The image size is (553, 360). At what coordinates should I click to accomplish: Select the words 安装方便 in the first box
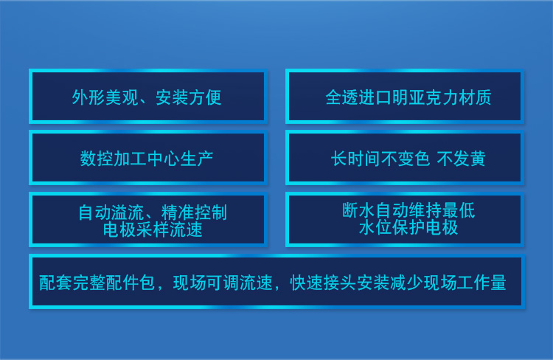(x=189, y=97)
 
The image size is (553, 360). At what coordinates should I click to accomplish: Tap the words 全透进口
(x=358, y=97)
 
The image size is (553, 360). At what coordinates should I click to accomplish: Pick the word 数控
(x=97, y=159)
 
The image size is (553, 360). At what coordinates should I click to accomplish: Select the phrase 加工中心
(x=147, y=159)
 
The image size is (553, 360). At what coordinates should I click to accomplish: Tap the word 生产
(x=197, y=159)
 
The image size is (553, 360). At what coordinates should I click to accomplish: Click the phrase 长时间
(x=356, y=159)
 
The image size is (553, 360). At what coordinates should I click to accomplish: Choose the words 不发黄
(x=462, y=159)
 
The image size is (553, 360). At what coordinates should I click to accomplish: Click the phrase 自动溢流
(x=111, y=212)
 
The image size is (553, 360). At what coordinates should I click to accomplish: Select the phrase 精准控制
(x=195, y=212)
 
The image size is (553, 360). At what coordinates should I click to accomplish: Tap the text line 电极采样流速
(x=153, y=229)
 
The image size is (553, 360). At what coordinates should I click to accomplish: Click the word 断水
(x=358, y=210)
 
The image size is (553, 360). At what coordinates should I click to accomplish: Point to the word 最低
(x=459, y=210)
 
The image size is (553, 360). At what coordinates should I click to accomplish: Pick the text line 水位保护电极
(x=408, y=227)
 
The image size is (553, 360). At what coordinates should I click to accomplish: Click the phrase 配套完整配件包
(x=97, y=283)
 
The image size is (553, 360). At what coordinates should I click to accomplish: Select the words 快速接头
(x=324, y=283)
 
